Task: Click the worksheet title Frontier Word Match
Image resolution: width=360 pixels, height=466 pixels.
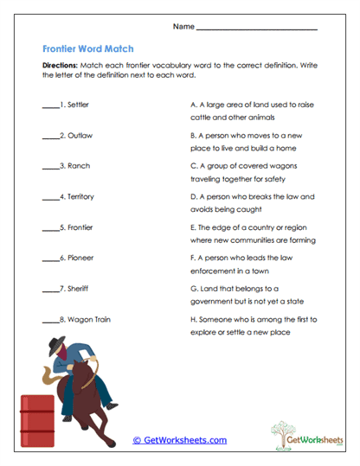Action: (87, 49)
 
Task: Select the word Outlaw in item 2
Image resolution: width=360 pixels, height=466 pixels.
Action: (79, 136)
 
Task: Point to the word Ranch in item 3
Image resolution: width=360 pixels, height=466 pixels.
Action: (77, 166)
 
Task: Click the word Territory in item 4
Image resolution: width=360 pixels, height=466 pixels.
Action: (82, 197)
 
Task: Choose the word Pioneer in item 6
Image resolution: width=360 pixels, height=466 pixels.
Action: (80, 258)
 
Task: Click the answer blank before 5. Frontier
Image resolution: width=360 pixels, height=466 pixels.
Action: (48, 228)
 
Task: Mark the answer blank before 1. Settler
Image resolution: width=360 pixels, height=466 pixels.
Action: (48, 105)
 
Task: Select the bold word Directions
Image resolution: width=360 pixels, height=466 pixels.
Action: (60, 65)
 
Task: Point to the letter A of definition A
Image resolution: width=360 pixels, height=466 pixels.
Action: (192, 104)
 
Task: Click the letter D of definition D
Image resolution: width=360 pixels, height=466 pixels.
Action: (192, 196)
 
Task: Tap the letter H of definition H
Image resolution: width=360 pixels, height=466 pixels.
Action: (192, 319)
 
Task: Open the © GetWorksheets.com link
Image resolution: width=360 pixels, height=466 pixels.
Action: (180, 440)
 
